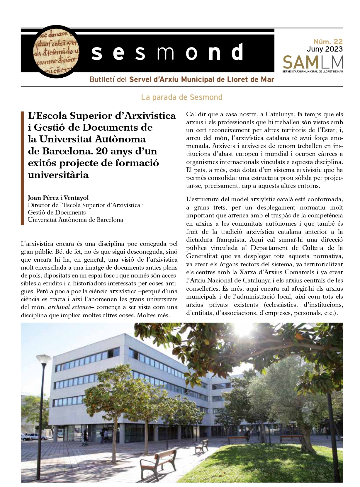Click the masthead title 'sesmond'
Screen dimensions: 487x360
coord(167,52)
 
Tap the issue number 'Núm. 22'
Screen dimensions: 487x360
coord(328,42)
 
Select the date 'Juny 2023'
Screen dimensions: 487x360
coord(325,49)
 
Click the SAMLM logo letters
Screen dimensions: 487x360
coord(313,62)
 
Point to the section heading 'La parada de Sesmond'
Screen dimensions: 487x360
coord(182,97)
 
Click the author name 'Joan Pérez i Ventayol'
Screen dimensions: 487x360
coord(58,198)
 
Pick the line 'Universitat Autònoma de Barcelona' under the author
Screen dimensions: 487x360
coord(75,220)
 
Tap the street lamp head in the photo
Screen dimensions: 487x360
coord(44,358)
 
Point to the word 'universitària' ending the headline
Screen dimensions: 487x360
coord(58,175)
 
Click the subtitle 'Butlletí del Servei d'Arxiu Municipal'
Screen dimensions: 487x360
coord(182,80)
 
